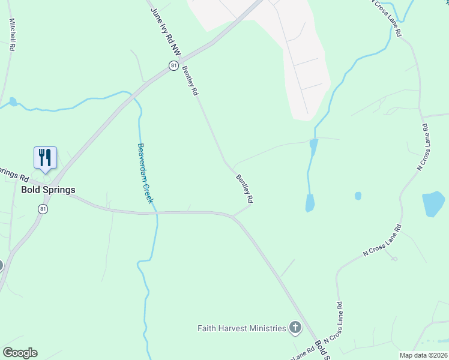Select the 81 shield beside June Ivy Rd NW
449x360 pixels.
(173, 65)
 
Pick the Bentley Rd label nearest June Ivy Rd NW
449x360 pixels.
(190, 80)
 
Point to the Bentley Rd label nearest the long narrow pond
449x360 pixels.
(244, 188)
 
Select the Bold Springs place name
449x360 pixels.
(48, 190)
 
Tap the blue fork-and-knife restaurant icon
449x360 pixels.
(46, 157)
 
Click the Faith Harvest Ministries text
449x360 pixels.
(242, 328)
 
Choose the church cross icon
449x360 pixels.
(295, 328)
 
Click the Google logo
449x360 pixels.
(20, 352)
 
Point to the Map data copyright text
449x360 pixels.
(423, 355)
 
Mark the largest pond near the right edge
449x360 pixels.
(433, 204)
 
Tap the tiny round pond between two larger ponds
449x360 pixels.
(358, 196)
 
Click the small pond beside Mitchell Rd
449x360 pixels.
(13, 101)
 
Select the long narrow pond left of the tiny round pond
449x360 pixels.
(310, 203)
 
